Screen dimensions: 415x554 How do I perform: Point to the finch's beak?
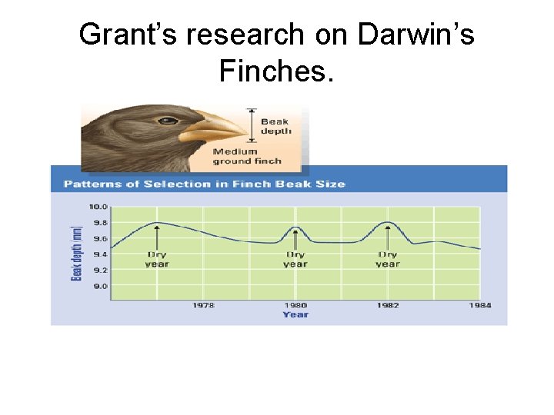[x=215, y=126]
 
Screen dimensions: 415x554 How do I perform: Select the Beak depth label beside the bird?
[x=275, y=126]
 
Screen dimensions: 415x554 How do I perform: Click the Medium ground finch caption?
[x=247, y=156]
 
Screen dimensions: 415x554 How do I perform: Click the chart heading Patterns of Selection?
[x=204, y=184]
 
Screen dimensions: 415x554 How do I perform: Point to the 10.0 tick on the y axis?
[x=98, y=207]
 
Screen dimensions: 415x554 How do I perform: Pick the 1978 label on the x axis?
[x=203, y=305]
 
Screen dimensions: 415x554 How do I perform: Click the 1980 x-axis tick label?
[x=295, y=305]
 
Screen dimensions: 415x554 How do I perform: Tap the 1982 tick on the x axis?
[x=388, y=305]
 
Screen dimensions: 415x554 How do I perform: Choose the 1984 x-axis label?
[x=479, y=305]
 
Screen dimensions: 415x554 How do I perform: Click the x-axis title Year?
[x=295, y=314]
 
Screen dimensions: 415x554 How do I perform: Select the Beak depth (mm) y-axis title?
[x=76, y=252]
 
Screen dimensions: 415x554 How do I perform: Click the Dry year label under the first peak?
[x=157, y=259]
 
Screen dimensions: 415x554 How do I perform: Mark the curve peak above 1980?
[x=295, y=227]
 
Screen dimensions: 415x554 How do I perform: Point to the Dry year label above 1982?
[x=388, y=259]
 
